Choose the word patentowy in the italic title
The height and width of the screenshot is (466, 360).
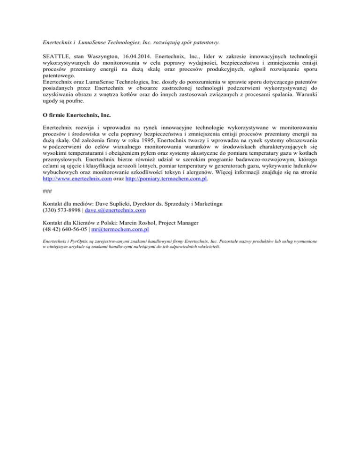[205, 42]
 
